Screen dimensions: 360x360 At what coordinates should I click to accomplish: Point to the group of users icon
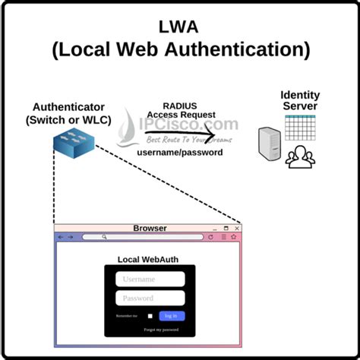[x=300, y=157]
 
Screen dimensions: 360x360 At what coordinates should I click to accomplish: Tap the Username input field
[x=150, y=279]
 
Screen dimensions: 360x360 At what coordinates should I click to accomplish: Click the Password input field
[x=150, y=298]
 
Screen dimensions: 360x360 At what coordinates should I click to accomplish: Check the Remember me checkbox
[x=150, y=316]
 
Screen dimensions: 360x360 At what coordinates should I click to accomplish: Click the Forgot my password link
[x=162, y=330]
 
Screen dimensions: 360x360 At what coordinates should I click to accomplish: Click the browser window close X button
[x=237, y=228]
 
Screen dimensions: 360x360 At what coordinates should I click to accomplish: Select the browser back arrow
[x=61, y=237]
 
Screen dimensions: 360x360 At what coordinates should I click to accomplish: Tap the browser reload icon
[x=210, y=237]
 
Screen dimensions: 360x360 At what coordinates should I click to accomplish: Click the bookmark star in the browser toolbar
[x=234, y=237]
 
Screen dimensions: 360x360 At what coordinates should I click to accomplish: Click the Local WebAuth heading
[x=149, y=259]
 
